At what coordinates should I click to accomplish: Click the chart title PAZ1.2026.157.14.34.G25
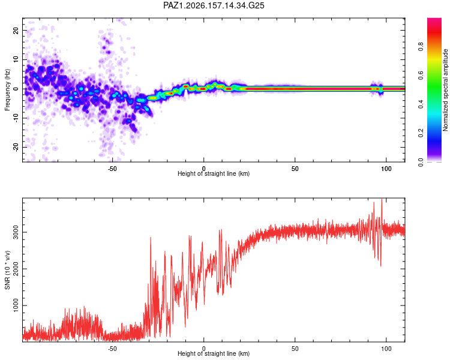[214, 5]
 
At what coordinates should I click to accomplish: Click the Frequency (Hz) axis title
[7, 90]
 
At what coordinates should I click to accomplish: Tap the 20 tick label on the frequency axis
[16, 30]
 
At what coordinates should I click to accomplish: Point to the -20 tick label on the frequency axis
[16, 148]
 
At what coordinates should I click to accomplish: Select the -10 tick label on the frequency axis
[16, 118]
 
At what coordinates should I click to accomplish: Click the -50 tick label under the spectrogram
[112, 169]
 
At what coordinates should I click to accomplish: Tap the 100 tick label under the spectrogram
[386, 169]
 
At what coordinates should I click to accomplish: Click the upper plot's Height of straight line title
[214, 173]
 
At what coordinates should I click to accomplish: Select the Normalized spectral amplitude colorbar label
[445, 90]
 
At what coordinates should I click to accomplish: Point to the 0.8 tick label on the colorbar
[421, 47]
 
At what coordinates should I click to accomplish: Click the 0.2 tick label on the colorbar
[421, 133]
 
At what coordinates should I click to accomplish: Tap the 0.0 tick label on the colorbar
[421, 162]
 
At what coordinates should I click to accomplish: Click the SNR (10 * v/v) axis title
[7, 270]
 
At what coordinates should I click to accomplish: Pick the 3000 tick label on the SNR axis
[16, 232]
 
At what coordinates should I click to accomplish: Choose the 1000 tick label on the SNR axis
[16, 305]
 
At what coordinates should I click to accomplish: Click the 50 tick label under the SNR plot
[295, 349]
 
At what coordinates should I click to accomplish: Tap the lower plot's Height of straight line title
[214, 353]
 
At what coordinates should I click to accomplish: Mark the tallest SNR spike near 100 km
[382, 199]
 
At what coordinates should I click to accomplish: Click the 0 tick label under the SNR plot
[204, 349]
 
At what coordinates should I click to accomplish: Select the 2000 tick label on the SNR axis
[16, 269]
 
